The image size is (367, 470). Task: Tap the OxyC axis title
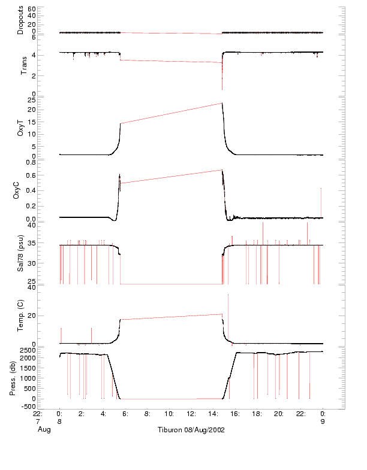(21, 190)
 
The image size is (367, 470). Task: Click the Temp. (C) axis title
(21, 315)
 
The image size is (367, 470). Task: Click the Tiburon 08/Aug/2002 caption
(191, 430)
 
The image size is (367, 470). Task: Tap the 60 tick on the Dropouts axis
(32, 10)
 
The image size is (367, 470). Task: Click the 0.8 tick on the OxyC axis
(31, 162)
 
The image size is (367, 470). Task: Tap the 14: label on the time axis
(213, 414)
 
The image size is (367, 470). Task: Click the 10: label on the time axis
(170, 414)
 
